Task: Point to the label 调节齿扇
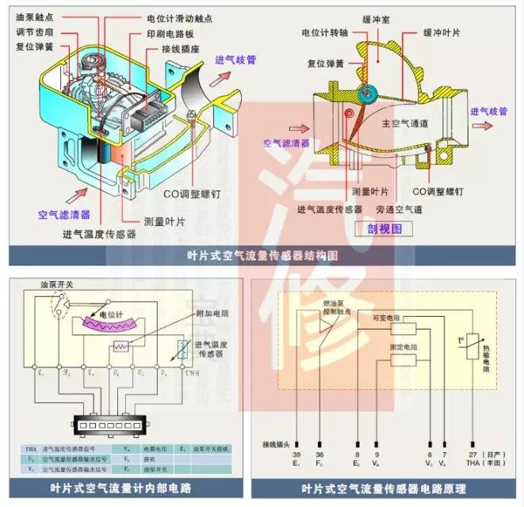[x=30, y=31]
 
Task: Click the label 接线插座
[x=178, y=49]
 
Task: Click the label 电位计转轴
[x=324, y=35]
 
